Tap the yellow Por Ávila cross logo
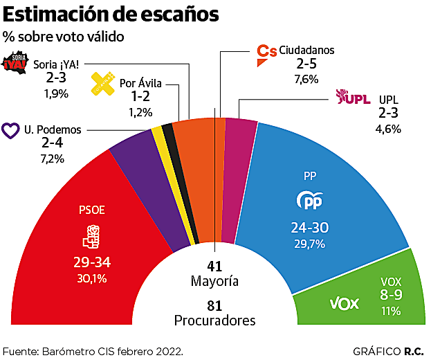pyautogui.click(x=104, y=83)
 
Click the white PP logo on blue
pyautogui.click(x=309, y=201)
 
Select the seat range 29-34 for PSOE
pyautogui.click(x=92, y=263)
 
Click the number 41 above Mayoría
pyautogui.click(x=214, y=267)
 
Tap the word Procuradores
pyautogui.click(x=214, y=321)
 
